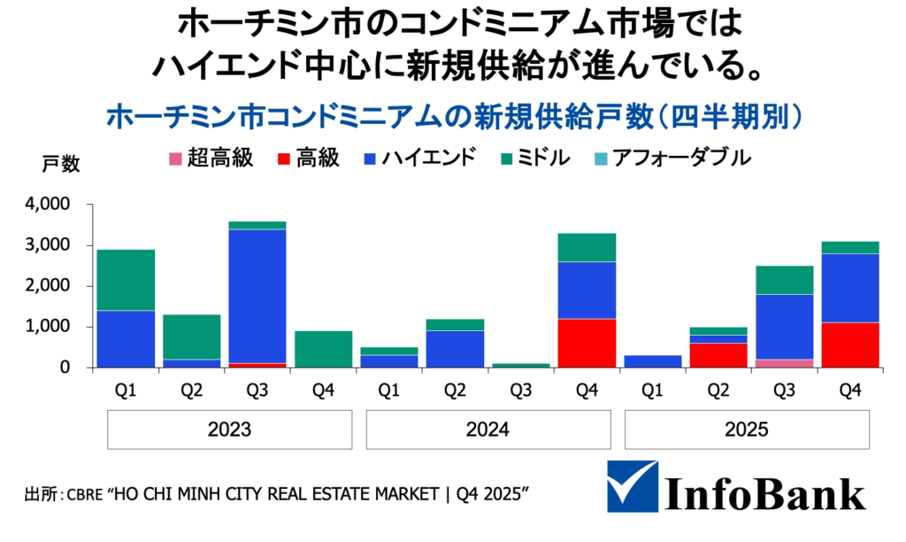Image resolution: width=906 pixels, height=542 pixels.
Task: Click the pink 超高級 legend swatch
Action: click(x=174, y=160)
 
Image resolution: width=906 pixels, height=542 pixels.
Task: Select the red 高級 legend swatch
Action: click(x=285, y=160)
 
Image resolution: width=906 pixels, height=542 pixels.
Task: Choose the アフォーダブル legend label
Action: click(x=682, y=159)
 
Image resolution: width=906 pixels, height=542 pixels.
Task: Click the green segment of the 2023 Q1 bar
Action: click(x=126, y=280)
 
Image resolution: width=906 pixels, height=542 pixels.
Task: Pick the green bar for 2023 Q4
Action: click(x=322, y=349)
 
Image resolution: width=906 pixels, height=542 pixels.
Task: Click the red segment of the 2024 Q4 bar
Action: click(x=586, y=343)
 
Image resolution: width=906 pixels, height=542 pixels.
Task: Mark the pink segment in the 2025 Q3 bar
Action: click(x=783, y=363)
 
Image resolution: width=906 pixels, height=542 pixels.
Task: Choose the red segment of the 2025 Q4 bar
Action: click(x=848, y=345)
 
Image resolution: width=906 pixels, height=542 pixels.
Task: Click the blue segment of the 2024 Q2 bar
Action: click(x=456, y=349)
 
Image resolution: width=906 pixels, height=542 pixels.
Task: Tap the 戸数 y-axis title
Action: click(x=61, y=164)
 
